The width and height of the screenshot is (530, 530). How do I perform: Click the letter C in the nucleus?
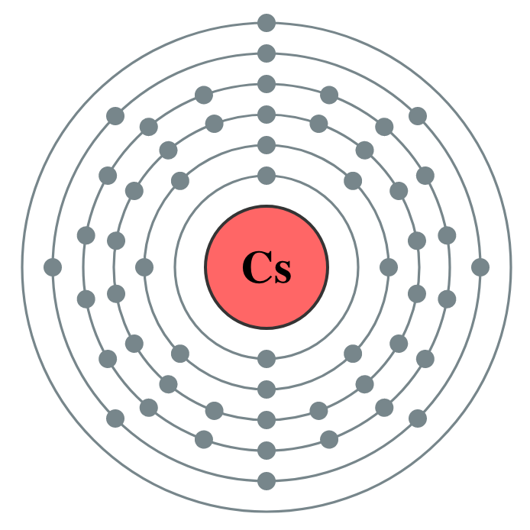[x=254, y=267]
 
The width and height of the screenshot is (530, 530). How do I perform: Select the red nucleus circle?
[x=267, y=229]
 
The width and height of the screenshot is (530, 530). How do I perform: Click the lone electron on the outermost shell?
[x=267, y=23]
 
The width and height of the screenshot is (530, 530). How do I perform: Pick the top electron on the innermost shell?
[x=267, y=176]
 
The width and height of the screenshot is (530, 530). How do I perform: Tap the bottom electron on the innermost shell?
[x=267, y=359]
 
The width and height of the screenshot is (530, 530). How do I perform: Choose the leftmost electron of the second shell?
[x=144, y=267]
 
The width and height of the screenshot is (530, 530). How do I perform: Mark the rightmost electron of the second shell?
[x=389, y=267]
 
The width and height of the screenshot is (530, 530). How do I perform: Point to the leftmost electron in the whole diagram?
[x=53, y=267]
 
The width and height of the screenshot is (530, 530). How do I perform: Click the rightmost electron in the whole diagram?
[x=480, y=267]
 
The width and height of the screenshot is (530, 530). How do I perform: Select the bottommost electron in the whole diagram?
[x=267, y=481]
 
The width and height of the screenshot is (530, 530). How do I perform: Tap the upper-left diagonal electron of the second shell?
[x=180, y=181]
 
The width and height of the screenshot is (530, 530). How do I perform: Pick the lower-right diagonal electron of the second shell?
[x=353, y=354]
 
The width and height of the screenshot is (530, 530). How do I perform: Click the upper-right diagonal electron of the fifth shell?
[x=418, y=116]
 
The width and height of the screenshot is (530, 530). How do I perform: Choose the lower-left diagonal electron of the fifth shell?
[x=115, y=419]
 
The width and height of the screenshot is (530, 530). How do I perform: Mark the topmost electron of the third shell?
[x=267, y=115]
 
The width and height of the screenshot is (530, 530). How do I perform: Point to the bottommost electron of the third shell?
[x=267, y=420]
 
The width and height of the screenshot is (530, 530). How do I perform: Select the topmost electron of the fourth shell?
[x=267, y=84]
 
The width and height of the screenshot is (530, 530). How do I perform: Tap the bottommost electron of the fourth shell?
[x=267, y=451]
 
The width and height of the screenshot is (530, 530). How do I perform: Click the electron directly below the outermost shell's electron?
[x=267, y=53]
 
